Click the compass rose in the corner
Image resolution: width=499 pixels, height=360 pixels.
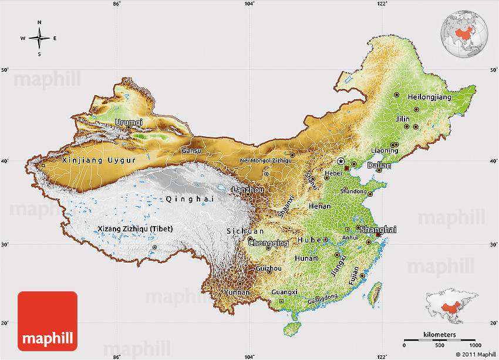(x=39, y=38)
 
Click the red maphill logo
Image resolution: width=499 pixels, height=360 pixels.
(x=48, y=321)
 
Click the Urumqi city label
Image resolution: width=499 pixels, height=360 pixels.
(x=129, y=122)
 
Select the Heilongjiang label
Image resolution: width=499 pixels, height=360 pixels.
(x=430, y=96)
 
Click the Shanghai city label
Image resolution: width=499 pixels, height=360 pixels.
(x=378, y=230)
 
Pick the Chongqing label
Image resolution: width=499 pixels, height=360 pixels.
(x=268, y=243)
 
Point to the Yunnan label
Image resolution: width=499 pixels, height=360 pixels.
(x=237, y=292)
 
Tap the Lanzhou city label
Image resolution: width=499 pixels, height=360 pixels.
(x=248, y=190)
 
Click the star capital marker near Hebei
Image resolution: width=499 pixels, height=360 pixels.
(x=341, y=161)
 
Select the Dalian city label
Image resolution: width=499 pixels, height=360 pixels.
(x=379, y=166)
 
